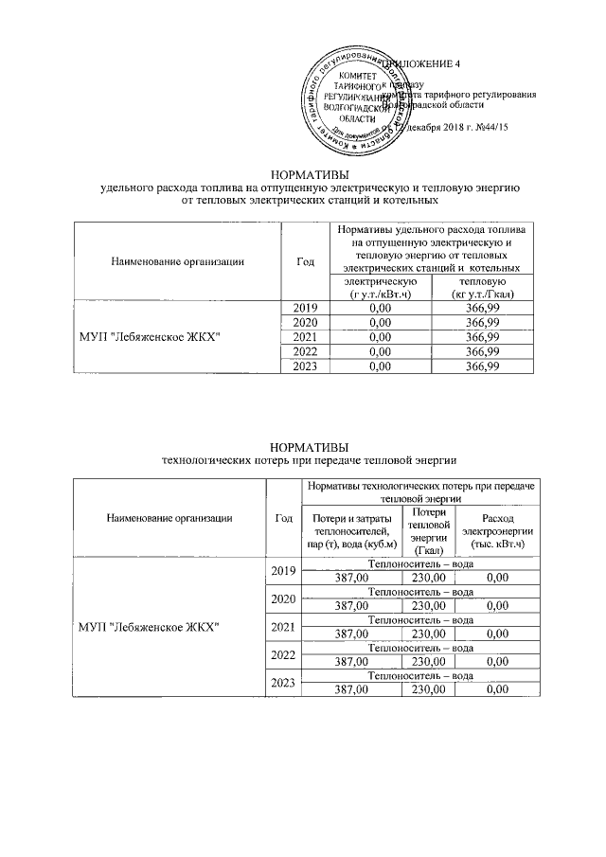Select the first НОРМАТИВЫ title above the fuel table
pos(310,175)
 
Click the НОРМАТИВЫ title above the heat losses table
pos(310,447)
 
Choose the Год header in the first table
pos(305,261)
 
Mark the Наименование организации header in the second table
pos(169,518)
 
